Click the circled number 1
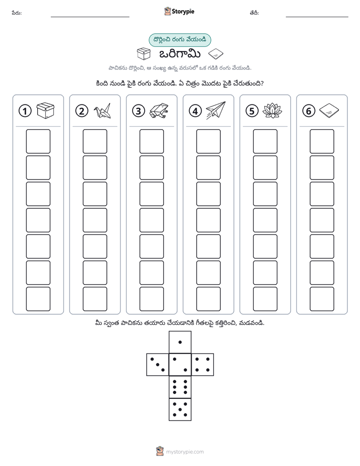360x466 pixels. pos(25,111)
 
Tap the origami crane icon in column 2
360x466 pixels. pos(102,111)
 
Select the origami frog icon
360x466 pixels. pos(159,111)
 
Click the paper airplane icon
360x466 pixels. pos(216,110)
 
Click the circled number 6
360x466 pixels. pos(309,111)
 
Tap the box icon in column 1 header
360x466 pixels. pos(45,110)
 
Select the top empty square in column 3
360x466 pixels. pos(151,141)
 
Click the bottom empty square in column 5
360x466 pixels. pos(265,299)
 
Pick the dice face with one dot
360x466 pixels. pos(180,342)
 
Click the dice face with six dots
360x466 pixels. pos(180,387)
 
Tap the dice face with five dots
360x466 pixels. pos(180,409)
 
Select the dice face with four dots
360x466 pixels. pos(203,365)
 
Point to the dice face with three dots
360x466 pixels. pos(158,365)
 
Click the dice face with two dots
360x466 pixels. pos(180,365)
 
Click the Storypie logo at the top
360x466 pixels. pos(179,12)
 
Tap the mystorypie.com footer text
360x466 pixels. pos(185,452)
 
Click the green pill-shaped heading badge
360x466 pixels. pos(179,40)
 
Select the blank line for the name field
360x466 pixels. pos(90,17)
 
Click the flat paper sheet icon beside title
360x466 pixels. pos(216,54)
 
